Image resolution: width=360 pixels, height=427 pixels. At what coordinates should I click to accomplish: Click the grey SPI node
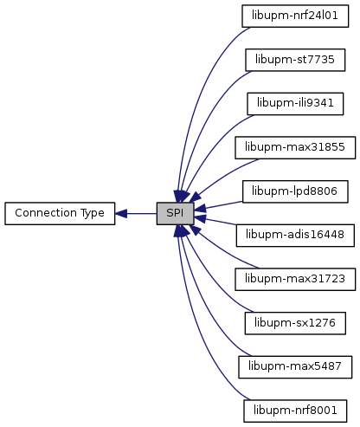tap(175, 213)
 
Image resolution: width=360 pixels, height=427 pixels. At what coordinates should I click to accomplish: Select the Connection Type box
tap(60, 213)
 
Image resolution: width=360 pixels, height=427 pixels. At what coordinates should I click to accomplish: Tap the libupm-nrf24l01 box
tap(295, 16)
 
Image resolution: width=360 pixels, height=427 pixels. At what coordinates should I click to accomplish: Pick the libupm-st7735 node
tap(295, 60)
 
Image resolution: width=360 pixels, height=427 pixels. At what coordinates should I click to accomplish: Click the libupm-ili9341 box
tap(295, 104)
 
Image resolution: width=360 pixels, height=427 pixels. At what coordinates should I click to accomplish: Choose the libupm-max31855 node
tap(295, 147)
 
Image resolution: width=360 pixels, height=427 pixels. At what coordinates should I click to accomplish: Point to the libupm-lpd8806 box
tap(295, 191)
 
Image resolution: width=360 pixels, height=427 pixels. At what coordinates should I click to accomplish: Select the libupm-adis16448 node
tap(295, 236)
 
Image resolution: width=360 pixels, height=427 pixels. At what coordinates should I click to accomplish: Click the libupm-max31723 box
tap(295, 279)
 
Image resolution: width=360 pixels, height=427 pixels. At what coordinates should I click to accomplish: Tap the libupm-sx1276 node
tap(295, 323)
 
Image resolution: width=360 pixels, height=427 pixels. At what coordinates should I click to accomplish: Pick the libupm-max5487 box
tap(295, 367)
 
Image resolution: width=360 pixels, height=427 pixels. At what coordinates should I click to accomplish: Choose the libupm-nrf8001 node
tap(295, 411)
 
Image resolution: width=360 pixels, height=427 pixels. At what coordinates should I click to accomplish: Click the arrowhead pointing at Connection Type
tap(121, 214)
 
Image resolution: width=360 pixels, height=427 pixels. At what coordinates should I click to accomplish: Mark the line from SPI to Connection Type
tap(136, 214)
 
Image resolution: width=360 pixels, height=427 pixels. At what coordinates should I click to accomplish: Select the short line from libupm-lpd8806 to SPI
tap(218, 205)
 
